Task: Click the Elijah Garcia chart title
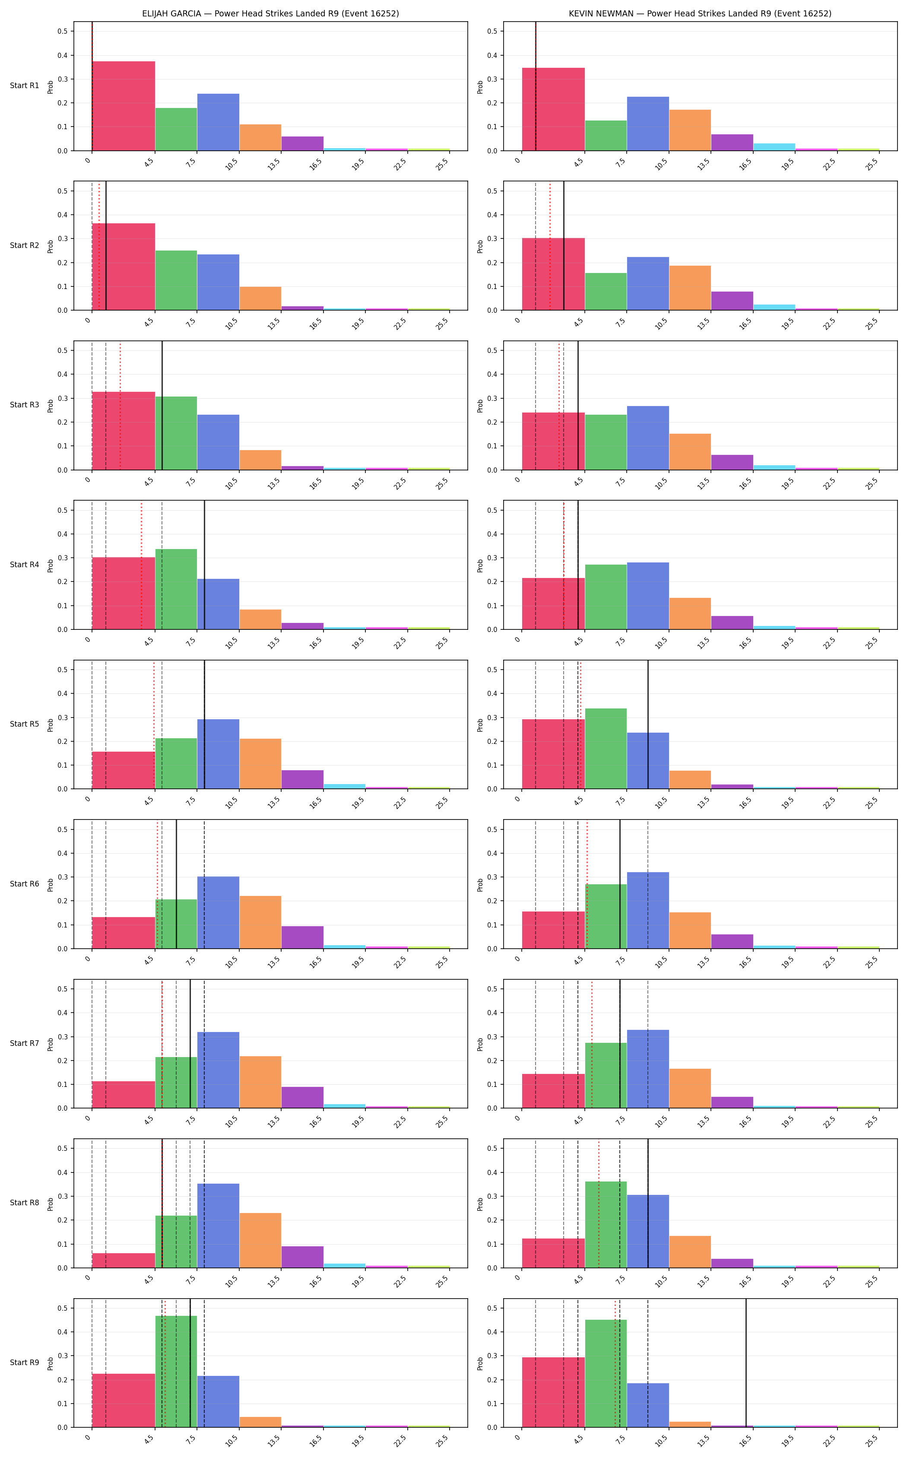click(270, 13)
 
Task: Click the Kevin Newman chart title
click(700, 13)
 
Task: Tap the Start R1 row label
click(25, 86)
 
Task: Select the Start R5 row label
click(25, 724)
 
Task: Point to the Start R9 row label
click(25, 1363)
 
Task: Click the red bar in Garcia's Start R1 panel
click(124, 106)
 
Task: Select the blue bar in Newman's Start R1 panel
click(648, 124)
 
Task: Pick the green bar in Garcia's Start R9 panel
click(176, 1372)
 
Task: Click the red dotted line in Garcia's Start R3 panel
click(120, 406)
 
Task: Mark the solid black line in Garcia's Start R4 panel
click(205, 565)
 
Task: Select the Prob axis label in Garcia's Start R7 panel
click(51, 1044)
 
